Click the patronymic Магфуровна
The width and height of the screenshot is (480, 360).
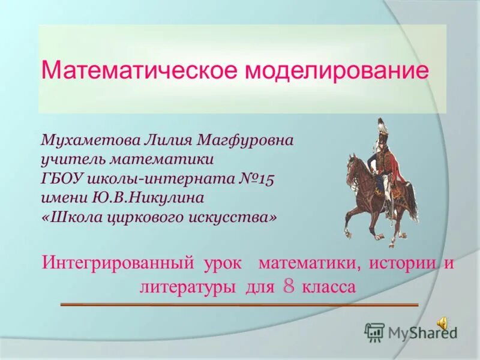(x=245, y=141)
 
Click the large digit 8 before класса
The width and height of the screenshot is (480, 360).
(x=289, y=286)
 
